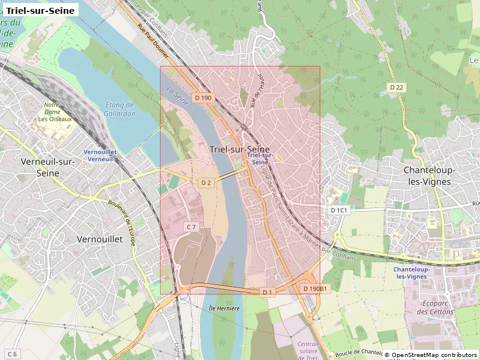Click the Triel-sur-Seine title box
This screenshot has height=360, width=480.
[40, 10]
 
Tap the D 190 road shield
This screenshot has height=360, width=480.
[203, 97]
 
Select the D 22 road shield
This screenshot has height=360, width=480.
[397, 88]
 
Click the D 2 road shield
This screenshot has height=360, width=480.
[206, 182]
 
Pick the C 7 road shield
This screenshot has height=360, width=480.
[191, 227]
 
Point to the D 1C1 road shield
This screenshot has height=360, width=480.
[340, 210]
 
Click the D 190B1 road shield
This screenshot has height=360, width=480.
[314, 289]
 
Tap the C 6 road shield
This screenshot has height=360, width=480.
[12, 353]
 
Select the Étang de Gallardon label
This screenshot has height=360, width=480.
[119, 109]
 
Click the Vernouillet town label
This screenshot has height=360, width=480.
[100, 239]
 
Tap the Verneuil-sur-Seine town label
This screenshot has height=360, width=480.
[48, 167]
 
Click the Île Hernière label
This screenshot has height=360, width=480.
[224, 308]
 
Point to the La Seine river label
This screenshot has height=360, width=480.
[178, 95]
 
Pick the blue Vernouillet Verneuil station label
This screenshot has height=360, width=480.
[99, 155]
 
